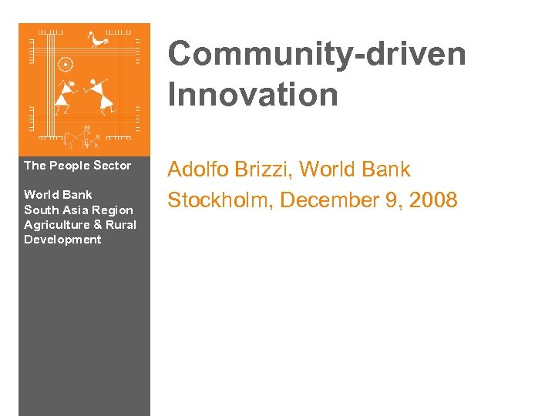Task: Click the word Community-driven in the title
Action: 317,55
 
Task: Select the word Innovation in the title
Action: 253,96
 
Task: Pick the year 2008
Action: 434,201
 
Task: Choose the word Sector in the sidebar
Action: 112,166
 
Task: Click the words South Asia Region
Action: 78,210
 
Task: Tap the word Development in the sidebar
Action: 62,240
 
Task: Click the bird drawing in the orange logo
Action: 99,39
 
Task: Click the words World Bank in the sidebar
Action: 58,195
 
